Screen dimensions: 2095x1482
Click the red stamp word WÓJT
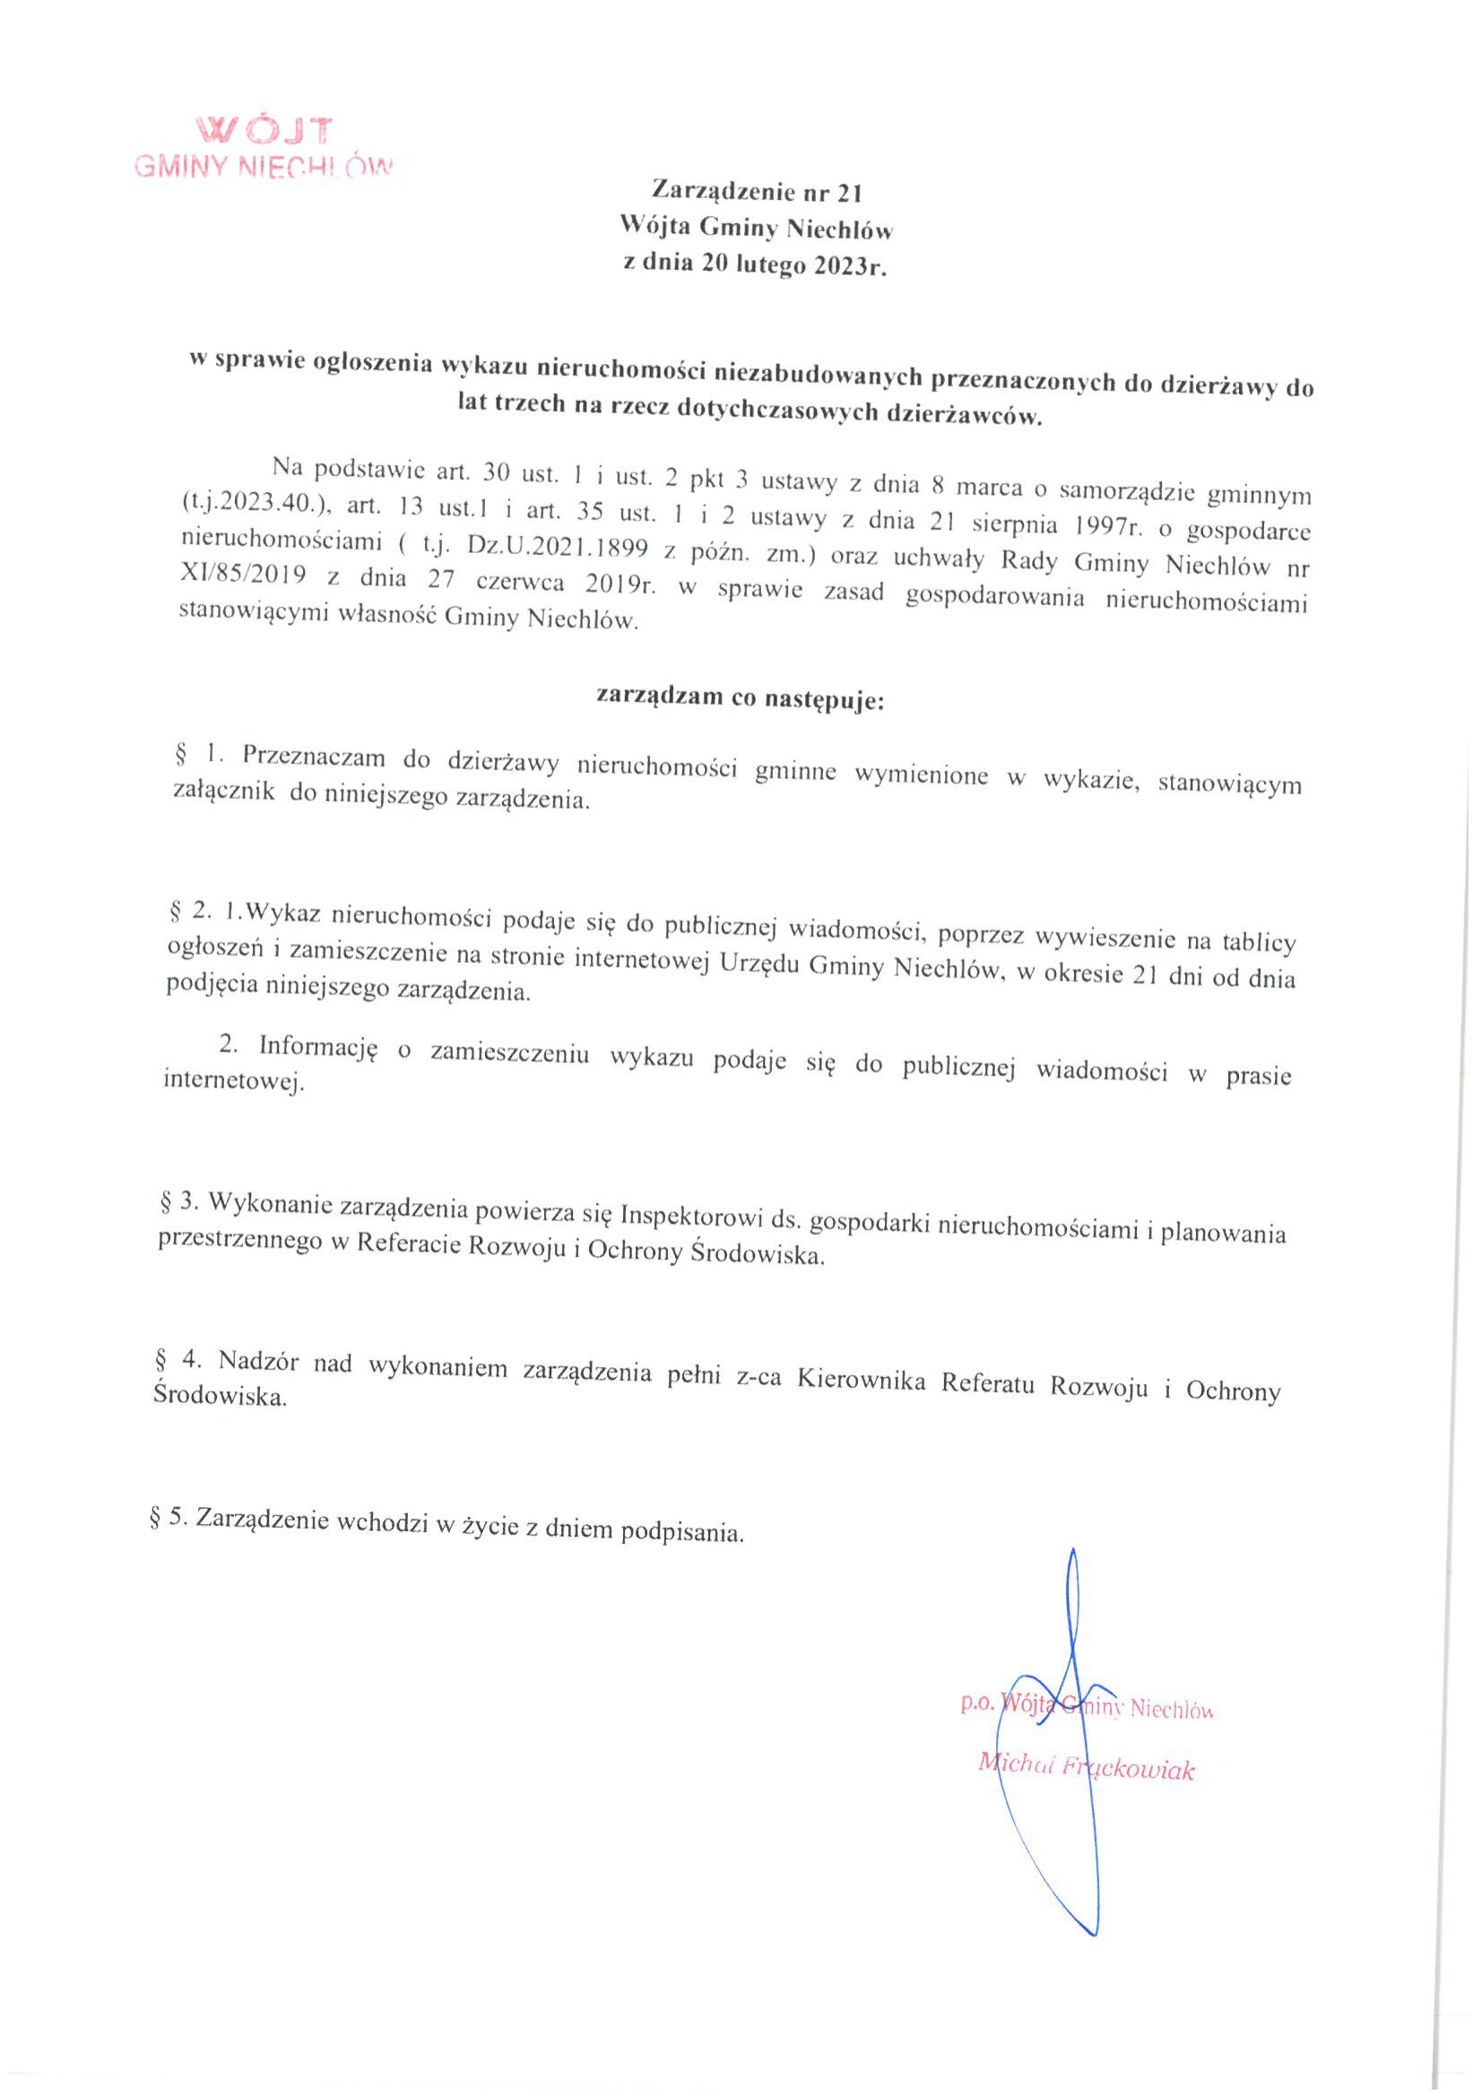[x=265, y=131]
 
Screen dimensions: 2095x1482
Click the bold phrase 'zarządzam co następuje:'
[x=740, y=698]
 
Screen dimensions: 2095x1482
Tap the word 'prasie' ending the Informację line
[x=1259, y=1076]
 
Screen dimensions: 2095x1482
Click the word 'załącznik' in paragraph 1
[x=223, y=792]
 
